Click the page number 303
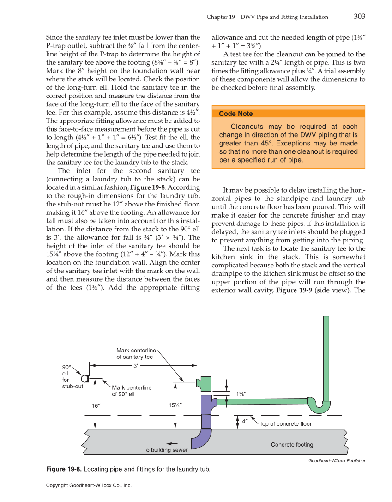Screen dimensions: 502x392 point(359,17)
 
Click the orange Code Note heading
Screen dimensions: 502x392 point(235,114)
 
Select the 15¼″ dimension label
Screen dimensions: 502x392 point(175,405)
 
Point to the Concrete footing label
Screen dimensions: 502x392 point(291,445)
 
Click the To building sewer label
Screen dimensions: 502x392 point(165,450)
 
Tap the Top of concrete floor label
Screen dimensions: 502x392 point(285,424)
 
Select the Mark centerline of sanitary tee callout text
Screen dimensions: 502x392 point(136,354)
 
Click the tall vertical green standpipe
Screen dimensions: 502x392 point(326,356)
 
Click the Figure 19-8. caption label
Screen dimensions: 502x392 point(64,470)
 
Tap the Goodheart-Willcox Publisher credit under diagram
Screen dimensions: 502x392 point(337,460)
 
